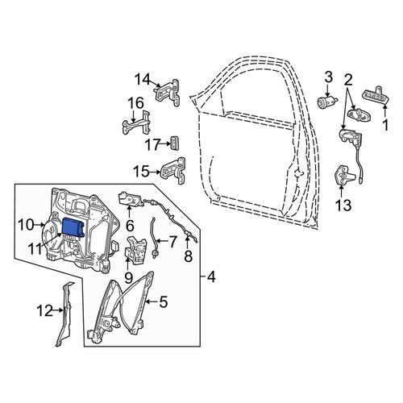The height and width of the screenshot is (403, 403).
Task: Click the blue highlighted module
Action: tap(73, 227)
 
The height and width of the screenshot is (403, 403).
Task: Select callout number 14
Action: tap(142, 79)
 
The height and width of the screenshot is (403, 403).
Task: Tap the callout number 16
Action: tap(135, 103)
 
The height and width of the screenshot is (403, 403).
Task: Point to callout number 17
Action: tap(152, 145)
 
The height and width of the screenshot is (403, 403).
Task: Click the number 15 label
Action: tap(141, 172)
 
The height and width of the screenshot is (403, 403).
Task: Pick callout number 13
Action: tap(343, 206)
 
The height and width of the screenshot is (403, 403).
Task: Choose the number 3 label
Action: tap(329, 77)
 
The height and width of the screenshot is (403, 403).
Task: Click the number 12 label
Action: tap(44, 311)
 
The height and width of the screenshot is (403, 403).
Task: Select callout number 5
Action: tap(164, 301)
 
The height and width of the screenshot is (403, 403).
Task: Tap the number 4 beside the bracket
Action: tap(211, 276)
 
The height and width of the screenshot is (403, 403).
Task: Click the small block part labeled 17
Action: tap(175, 143)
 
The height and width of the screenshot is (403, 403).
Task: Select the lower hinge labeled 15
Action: tap(173, 171)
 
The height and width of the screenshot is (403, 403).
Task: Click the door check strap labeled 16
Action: tap(137, 124)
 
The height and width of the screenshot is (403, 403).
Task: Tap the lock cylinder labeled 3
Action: tap(326, 102)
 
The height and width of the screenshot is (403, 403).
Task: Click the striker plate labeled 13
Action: tap(343, 175)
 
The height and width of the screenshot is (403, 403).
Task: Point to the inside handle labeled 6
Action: tap(131, 199)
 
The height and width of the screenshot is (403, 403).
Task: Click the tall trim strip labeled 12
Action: tap(64, 314)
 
